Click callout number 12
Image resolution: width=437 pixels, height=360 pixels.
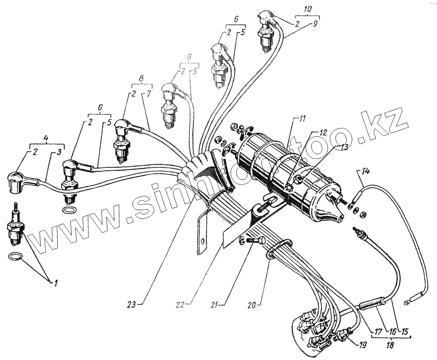(x=322, y=132)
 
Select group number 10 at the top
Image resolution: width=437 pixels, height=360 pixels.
(x=309, y=8)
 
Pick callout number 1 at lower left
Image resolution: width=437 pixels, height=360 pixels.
(x=56, y=283)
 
